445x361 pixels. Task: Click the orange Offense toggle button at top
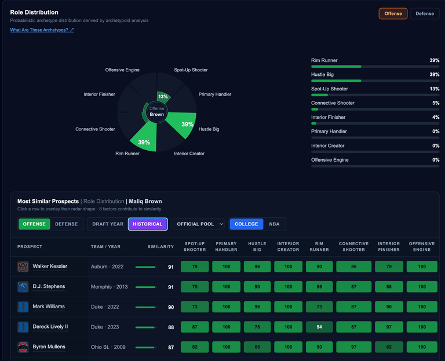(x=393, y=14)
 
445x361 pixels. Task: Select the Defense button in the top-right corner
(x=425, y=14)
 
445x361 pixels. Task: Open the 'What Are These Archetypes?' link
(x=42, y=30)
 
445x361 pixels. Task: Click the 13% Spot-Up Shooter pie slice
(x=163, y=97)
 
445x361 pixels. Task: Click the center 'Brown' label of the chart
(x=156, y=114)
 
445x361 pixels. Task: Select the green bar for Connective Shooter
(x=315, y=110)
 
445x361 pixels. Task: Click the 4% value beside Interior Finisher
(x=436, y=117)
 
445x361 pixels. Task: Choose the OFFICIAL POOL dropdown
(x=198, y=224)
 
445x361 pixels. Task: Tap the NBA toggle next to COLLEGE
(x=274, y=224)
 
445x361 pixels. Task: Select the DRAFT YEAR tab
(x=108, y=224)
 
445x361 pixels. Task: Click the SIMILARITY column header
(x=161, y=247)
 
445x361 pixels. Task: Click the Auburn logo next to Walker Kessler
(x=23, y=267)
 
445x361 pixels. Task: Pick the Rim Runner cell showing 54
(x=319, y=327)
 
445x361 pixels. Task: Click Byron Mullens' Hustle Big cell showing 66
(x=257, y=347)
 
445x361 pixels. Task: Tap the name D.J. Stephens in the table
(x=49, y=286)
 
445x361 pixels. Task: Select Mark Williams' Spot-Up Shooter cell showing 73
(x=195, y=307)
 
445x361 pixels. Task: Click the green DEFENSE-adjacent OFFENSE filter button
(x=34, y=224)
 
